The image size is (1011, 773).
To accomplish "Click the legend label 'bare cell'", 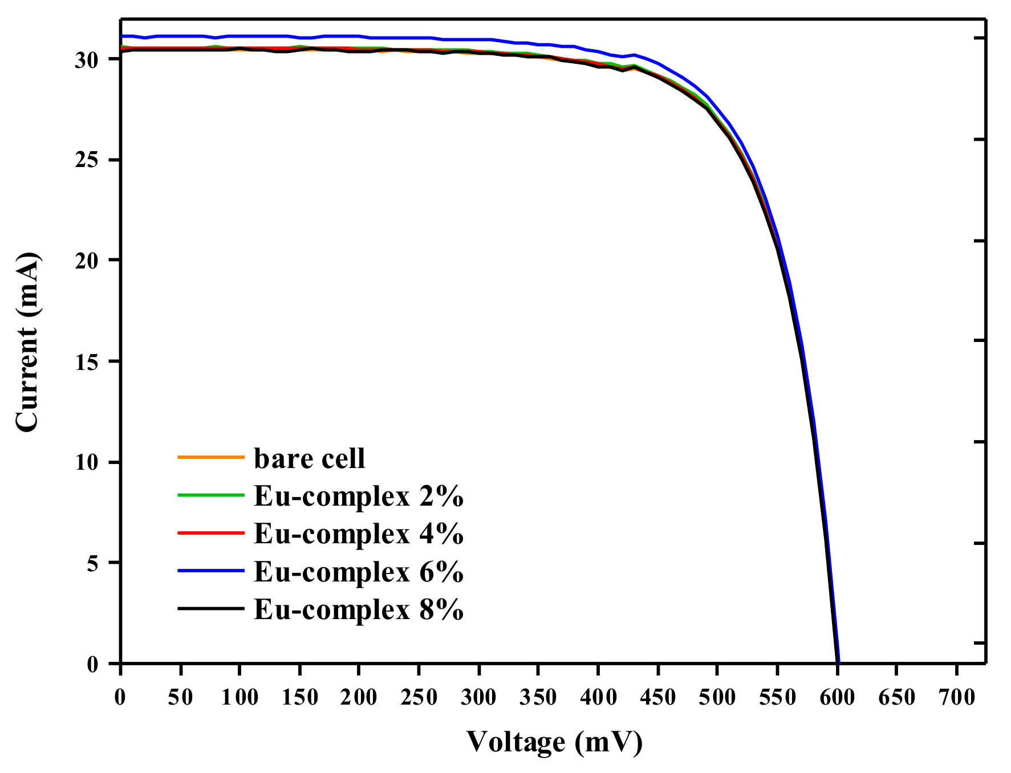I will (x=309, y=458).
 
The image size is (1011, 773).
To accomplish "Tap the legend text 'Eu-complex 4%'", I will (x=358, y=534).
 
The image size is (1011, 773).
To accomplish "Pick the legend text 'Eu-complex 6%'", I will (x=358, y=571).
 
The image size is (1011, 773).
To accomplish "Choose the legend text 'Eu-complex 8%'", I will (x=358, y=609).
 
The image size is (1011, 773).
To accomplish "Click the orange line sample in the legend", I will (x=211, y=457).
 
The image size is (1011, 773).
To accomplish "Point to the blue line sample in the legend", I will (x=211, y=570).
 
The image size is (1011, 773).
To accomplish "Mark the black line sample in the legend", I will (x=211, y=608).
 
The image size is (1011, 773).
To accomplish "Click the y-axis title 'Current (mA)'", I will (x=27, y=342).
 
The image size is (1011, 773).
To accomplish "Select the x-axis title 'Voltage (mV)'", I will (x=554, y=742).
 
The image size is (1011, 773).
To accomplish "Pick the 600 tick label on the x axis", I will (x=837, y=697).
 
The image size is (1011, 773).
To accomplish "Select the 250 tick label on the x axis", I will (x=419, y=697).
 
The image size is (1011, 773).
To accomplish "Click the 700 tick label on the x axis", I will (x=957, y=697).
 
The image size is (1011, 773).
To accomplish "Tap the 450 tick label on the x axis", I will (x=658, y=697).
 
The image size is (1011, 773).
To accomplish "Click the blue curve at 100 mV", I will (x=240, y=36).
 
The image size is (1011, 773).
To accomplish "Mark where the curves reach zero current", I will (x=838, y=662).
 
